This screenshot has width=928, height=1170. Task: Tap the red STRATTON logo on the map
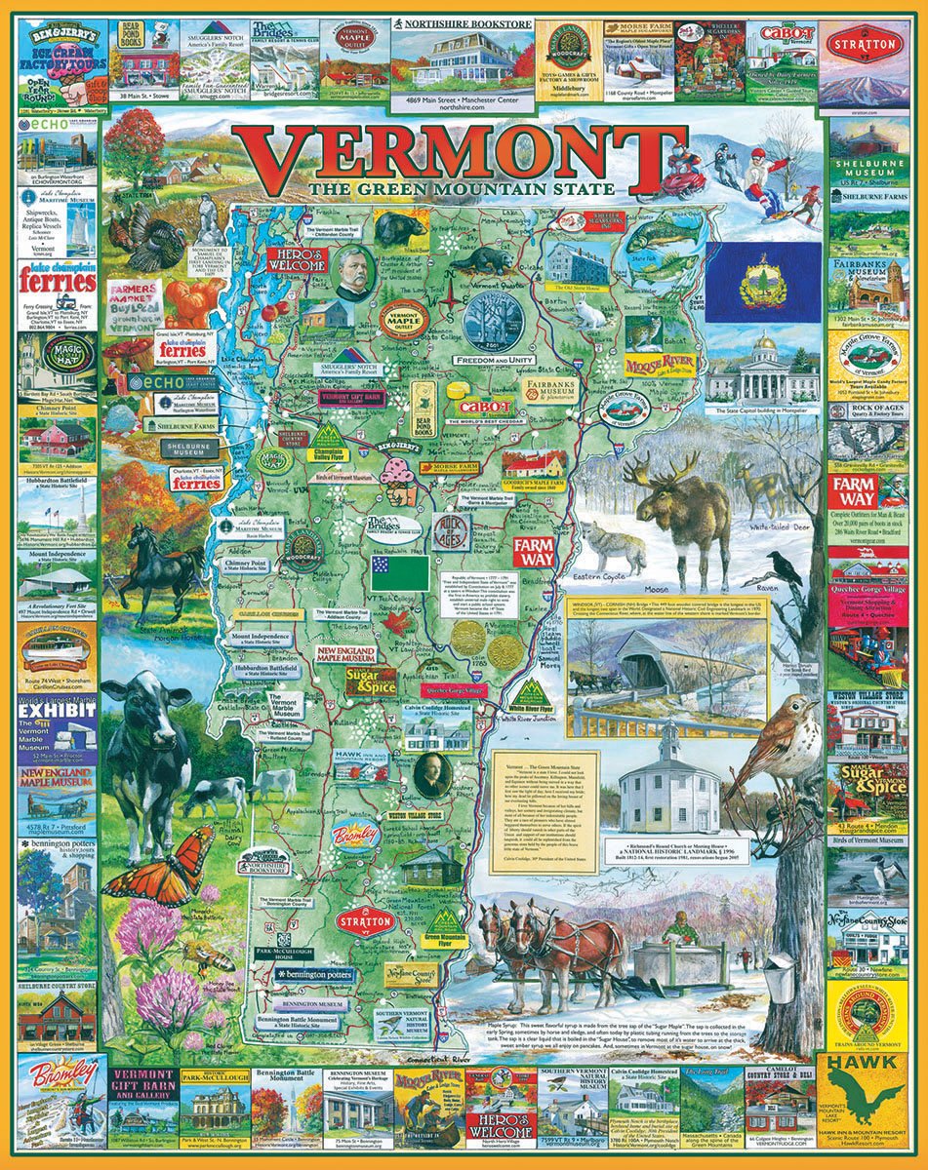[x=365, y=920]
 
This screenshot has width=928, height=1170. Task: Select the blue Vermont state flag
[x=763, y=284]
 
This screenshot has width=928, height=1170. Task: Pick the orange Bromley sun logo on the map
[x=355, y=836]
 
